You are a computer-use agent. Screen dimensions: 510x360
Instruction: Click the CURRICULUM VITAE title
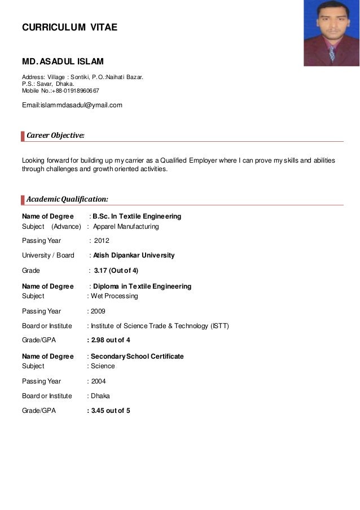[69, 26]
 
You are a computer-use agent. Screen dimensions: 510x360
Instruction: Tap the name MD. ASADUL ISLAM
[62, 61]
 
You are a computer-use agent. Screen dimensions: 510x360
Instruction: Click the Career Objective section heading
[56, 136]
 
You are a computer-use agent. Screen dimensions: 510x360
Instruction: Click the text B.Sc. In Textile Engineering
[137, 216]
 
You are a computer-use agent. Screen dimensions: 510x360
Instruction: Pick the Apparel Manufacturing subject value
[126, 226]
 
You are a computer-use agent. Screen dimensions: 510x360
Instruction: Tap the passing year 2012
[102, 241]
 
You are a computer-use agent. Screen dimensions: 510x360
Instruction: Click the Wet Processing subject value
[115, 296]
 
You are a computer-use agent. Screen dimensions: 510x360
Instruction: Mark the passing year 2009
[98, 311]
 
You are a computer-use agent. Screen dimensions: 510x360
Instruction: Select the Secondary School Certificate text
[137, 356]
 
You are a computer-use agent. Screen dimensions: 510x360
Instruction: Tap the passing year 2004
[98, 381]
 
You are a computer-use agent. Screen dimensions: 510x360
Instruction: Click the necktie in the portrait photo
[332, 54]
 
